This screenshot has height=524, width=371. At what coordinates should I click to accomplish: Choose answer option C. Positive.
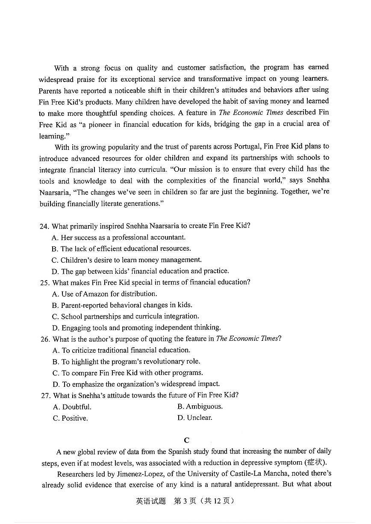click(70, 418)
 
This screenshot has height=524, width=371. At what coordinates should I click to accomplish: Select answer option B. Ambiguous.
click(200, 407)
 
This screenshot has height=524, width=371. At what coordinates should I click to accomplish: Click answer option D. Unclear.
click(194, 418)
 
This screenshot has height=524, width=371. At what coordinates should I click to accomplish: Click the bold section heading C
click(186, 440)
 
